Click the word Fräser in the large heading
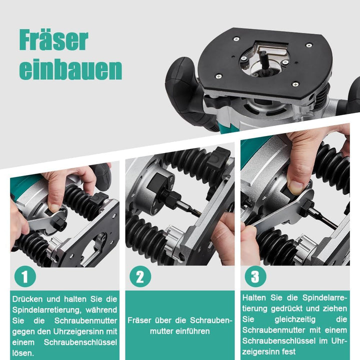pyautogui.click(x=53, y=41)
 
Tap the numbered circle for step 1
pyautogui.click(x=24, y=276)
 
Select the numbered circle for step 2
pyautogui.click(x=140, y=276)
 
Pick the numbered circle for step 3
pyautogui.click(x=255, y=276)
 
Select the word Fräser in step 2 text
pyautogui.click(x=138, y=320)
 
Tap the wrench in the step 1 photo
pyautogui.click(x=47, y=220)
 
